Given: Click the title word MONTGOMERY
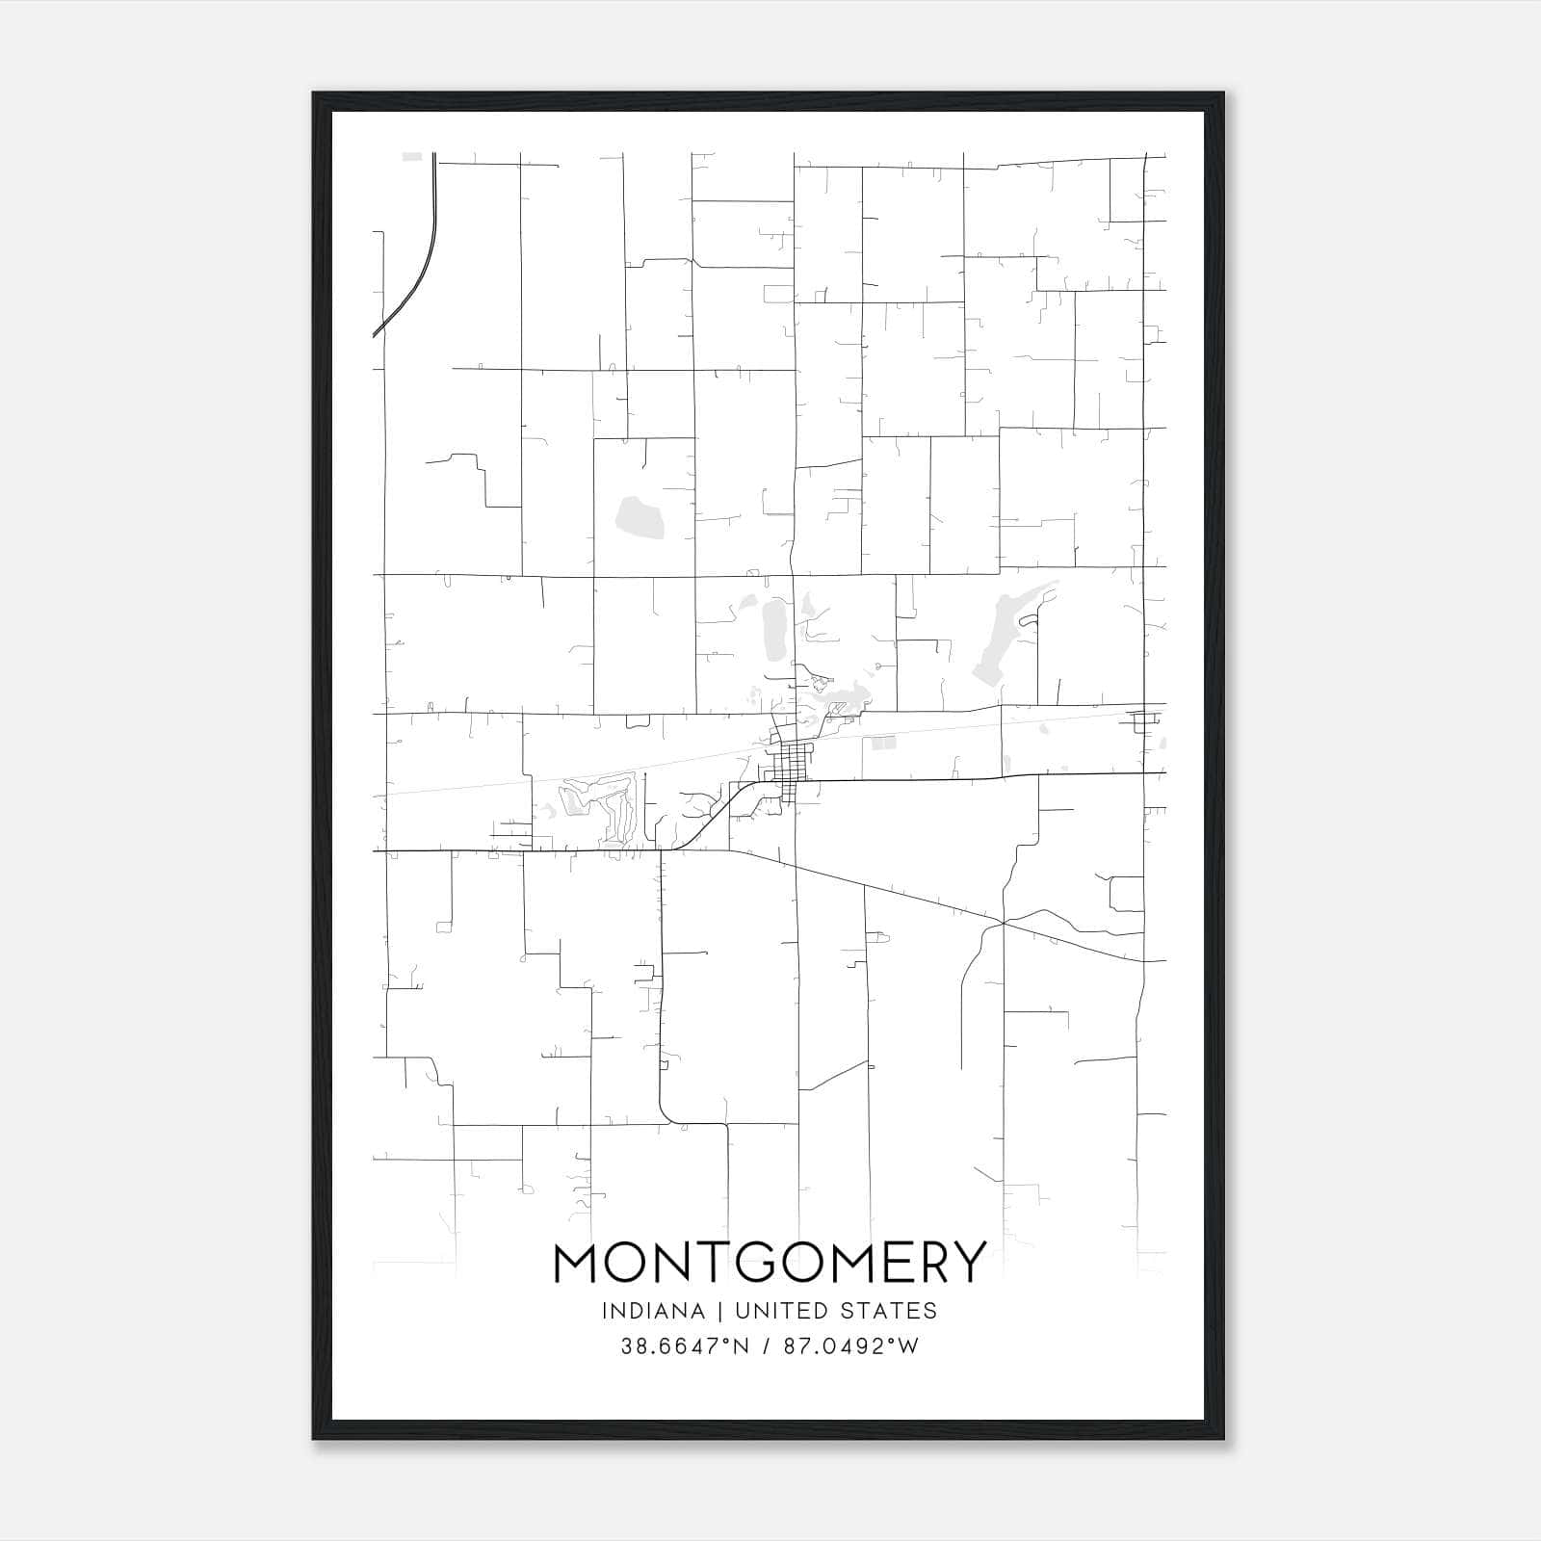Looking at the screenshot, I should [x=770, y=1263].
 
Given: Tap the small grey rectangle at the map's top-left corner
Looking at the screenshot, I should [x=412, y=156].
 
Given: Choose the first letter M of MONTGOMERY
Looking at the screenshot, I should [x=577, y=1263].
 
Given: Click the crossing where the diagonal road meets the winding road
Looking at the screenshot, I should [x=1003, y=923].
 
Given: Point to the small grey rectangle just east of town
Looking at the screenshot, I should [x=882, y=743].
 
